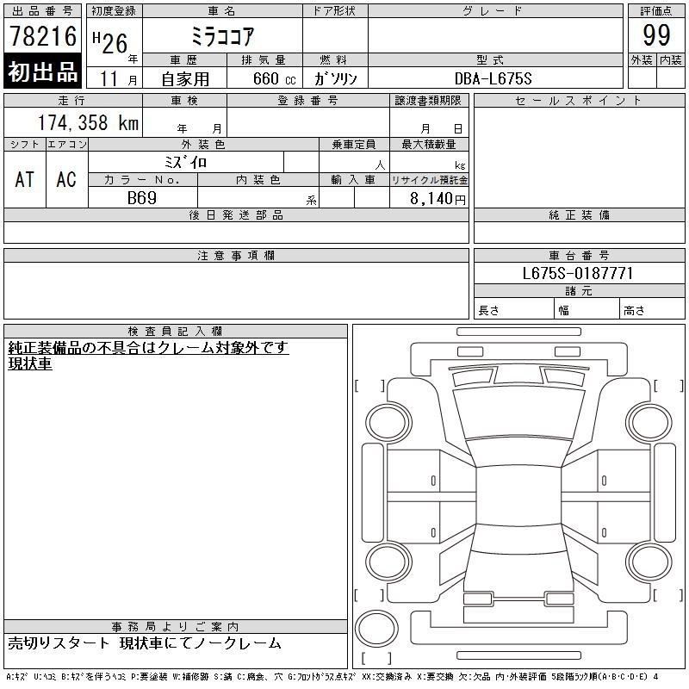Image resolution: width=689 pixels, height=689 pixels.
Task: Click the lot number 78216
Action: click(43, 36)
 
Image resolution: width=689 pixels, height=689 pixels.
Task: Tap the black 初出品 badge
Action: click(42, 71)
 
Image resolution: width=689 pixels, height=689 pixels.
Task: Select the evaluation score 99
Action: click(656, 35)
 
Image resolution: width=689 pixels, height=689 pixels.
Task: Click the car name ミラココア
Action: click(223, 36)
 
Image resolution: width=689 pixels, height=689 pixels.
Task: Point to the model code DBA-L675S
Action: click(493, 78)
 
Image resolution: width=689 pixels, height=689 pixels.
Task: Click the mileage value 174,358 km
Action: click(88, 122)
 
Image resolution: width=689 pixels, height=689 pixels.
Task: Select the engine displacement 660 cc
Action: click(274, 78)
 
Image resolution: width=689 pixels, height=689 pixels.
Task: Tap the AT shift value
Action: click(24, 179)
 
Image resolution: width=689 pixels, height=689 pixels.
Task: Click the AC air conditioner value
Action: click(66, 179)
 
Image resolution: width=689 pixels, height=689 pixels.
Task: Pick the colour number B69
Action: click(142, 198)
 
